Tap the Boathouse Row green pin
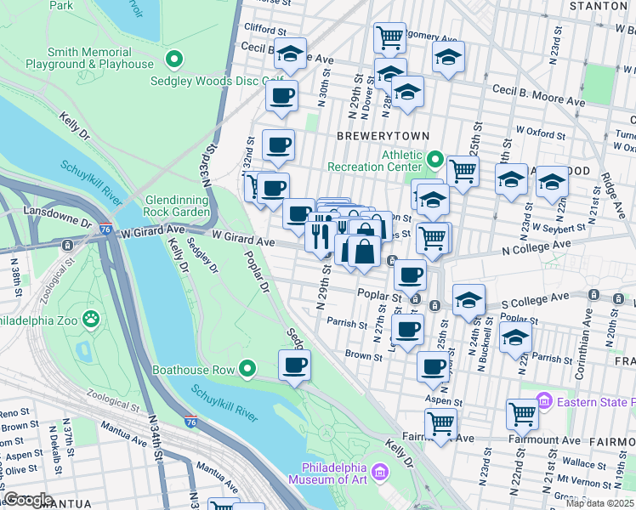coord(247,369)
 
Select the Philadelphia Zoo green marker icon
coord(90,319)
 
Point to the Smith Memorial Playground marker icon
coord(174,59)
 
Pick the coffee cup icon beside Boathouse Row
coord(295,365)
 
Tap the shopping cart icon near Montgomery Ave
coord(389,37)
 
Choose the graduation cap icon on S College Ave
coord(468,300)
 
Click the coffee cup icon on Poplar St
coord(411,275)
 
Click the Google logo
coord(29,499)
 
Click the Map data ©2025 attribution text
coord(599,503)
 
